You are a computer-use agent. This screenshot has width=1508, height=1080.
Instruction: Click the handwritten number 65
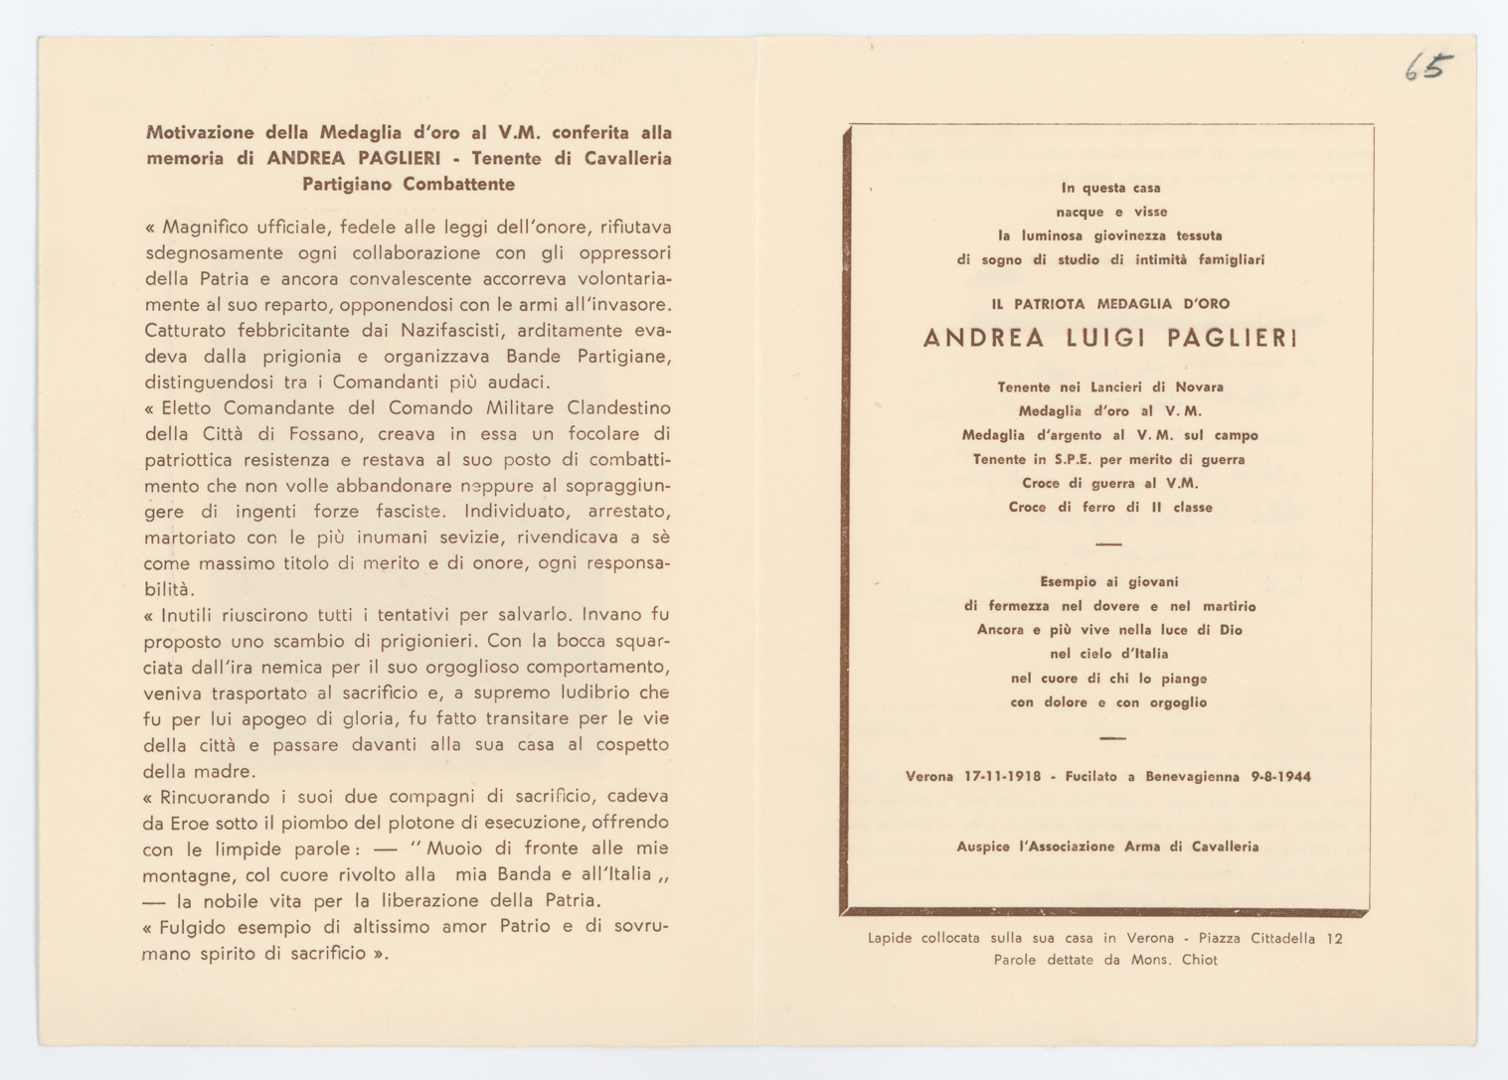1428,67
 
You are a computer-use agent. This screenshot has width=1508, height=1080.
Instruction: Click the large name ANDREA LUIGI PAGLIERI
1110,339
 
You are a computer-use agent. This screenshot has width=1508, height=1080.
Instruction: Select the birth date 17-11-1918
1003,777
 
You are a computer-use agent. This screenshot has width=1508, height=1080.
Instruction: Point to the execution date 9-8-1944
1280,777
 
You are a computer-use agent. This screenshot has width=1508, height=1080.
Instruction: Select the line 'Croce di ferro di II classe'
1110,508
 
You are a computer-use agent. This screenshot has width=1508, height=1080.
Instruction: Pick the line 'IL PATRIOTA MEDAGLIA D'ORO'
1110,304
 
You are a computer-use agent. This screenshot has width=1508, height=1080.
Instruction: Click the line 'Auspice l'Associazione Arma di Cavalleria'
1107,848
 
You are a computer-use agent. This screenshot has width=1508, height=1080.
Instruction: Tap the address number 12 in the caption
1334,938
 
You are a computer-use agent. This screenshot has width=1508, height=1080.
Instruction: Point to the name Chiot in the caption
1199,961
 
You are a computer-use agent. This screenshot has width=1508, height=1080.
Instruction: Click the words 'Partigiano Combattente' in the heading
409,184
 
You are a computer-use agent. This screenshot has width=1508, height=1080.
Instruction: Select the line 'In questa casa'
1110,188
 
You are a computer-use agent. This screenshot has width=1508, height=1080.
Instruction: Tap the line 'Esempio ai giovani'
1109,582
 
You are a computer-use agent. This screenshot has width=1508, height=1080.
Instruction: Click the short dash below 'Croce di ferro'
1108,544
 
